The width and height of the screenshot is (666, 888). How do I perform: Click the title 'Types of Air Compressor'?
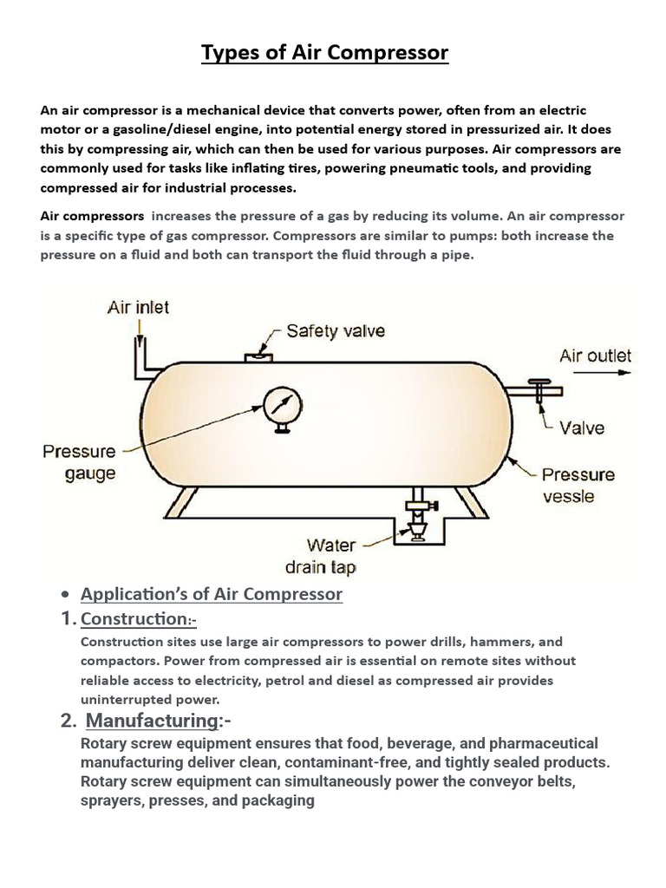[324, 53]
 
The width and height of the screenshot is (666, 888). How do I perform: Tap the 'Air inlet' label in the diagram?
[138, 307]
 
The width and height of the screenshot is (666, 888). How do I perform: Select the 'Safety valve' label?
[336, 330]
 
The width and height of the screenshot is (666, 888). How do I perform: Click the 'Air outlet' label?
[595, 356]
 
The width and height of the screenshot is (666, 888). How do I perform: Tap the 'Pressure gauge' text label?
[79, 462]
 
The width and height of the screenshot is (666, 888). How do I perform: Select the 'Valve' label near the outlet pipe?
[582, 428]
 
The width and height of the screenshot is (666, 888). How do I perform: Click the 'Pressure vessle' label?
[578, 485]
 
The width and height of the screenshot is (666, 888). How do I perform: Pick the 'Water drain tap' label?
[320, 557]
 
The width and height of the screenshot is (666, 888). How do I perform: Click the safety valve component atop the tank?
[258, 355]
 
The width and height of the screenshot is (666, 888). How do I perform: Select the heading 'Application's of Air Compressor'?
[212, 594]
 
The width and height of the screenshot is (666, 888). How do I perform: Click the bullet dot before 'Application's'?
[65, 596]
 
